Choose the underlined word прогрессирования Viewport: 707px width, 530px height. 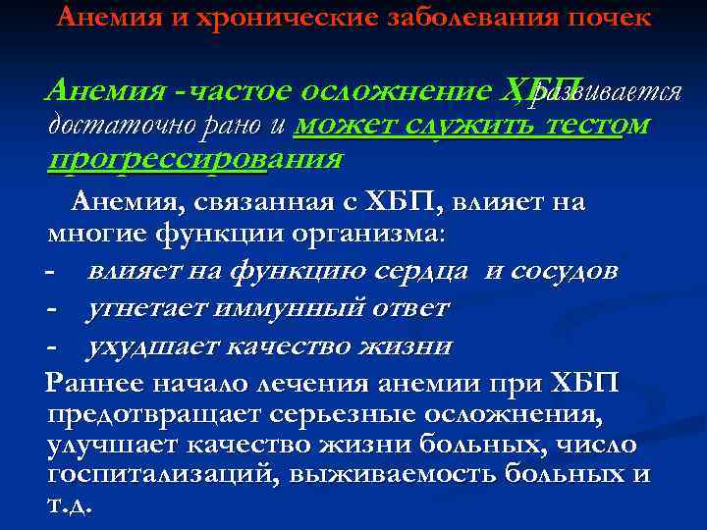[x=195, y=159]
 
